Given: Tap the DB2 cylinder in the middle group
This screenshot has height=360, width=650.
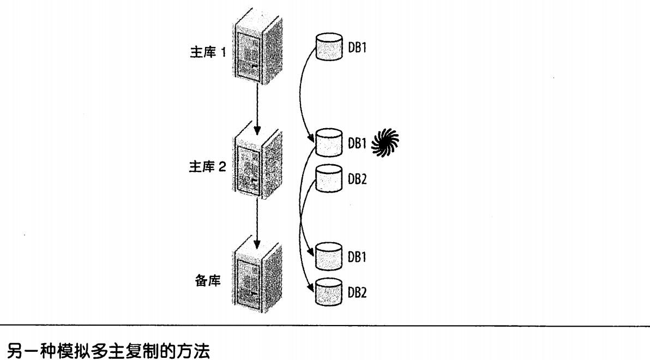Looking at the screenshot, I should coord(328,178).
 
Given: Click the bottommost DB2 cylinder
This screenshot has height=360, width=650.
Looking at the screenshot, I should coord(328,291).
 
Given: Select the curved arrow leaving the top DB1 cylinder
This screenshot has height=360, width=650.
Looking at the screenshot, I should coord(303,93).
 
